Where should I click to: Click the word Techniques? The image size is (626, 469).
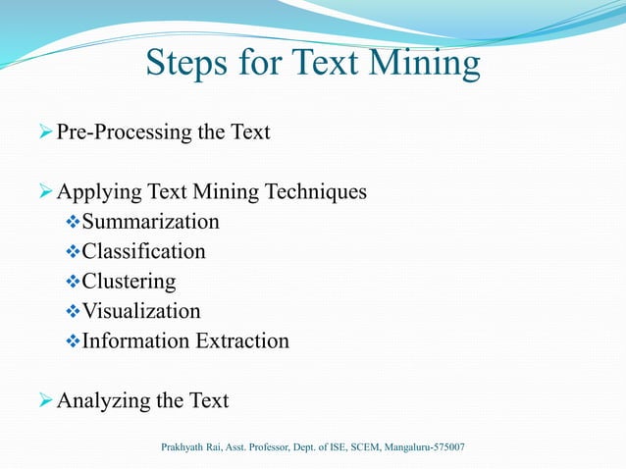pyautogui.click(x=317, y=191)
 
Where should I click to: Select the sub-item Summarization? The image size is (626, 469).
pyautogui.click(x=151, y=222)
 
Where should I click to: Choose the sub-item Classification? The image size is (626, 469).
pyautogui.click(x=144, y=252)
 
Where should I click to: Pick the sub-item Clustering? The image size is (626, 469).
pyautogui.click(x=130, y=282)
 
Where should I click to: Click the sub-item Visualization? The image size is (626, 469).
pyautogui.click(x=141, y=312)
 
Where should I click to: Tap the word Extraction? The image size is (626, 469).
pyautogui.click(x=242, y=341)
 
